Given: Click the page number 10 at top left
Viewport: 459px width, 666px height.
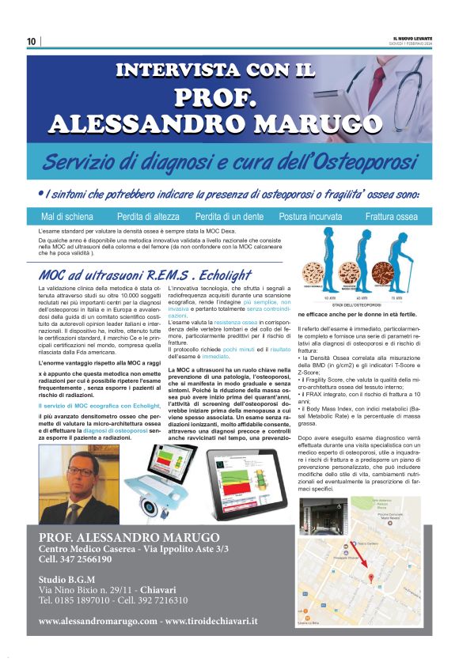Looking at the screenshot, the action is (x=31, y=41).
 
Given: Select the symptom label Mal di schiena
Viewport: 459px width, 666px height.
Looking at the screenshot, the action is (x=66, y=217).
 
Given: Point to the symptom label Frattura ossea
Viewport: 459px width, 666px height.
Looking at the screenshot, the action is (x=391, y=217).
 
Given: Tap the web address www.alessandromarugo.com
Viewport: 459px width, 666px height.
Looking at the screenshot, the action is (x=98, y=622).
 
